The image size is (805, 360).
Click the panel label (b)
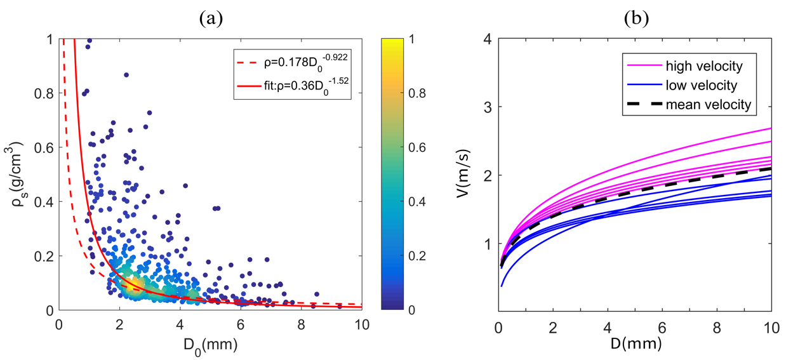(x=635, y=19)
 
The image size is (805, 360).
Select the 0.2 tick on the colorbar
(x=417, y=256)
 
